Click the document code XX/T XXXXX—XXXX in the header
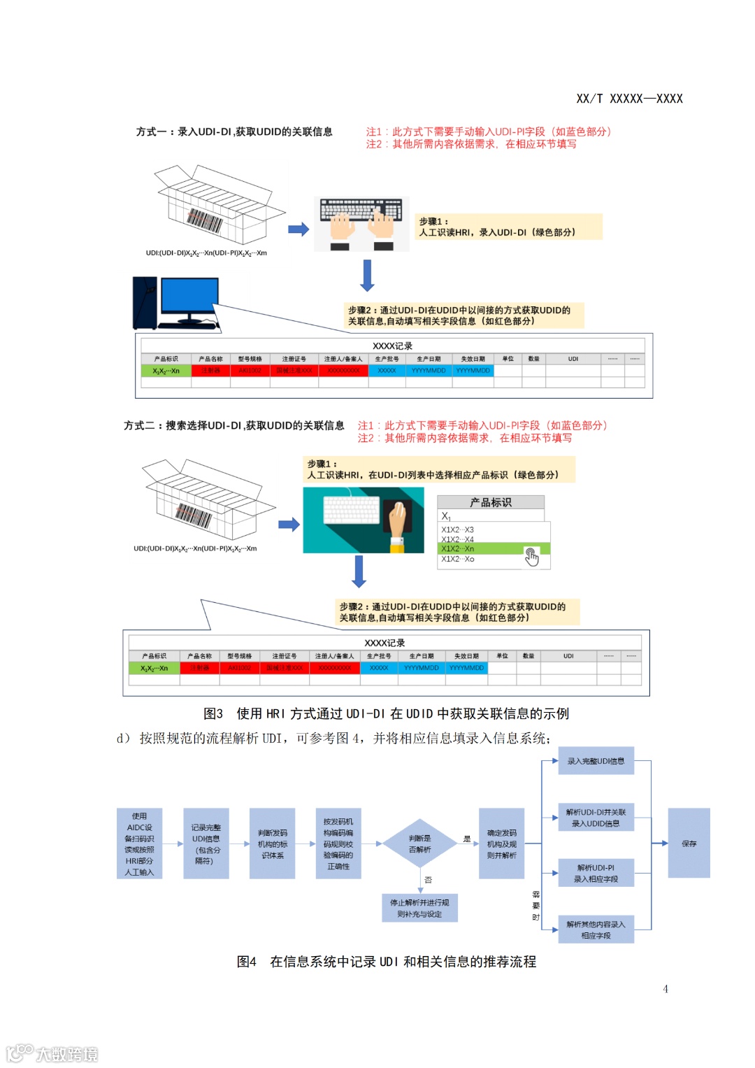(629, 99)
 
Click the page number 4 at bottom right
(665, 988)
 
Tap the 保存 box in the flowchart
(689, 843)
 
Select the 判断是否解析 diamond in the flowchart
(419, 843)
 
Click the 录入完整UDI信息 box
(596, 761)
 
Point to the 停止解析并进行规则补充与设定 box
(419, 908)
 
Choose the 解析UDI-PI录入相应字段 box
(596, 873)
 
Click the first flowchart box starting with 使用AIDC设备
(139, 843)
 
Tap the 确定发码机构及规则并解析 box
(501, 843)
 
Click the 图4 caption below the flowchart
(386, 962)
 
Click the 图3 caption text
(386, 713)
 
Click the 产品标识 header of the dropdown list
(490, 502)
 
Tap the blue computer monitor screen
(189, 296)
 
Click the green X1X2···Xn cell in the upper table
(166, 371)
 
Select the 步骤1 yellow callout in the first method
(509, 227)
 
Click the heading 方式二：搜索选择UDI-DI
(233, 425)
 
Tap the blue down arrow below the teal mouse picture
(359, 571)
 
